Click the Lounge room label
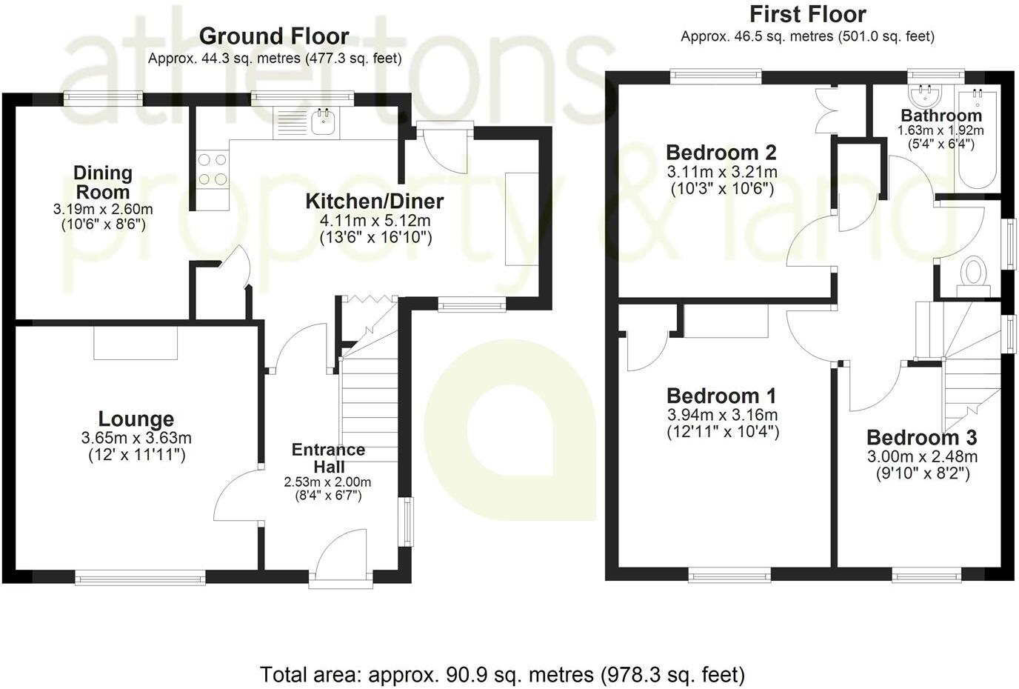pos(136,419)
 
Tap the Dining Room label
pos(103,182)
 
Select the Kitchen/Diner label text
pos(375,201)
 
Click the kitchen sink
pos(324,123)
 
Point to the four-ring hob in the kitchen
pos(212,169)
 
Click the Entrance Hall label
pos(328,458)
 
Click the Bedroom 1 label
pos(721,395)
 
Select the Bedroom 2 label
pos(721,153)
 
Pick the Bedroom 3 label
pos(921,437)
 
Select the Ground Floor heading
pos(274,36)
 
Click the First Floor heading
pos(807,14)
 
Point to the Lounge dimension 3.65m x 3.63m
pos(136,439)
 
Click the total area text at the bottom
pos(502,674)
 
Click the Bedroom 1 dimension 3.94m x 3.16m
pos(722,415)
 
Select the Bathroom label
pos(941,116)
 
